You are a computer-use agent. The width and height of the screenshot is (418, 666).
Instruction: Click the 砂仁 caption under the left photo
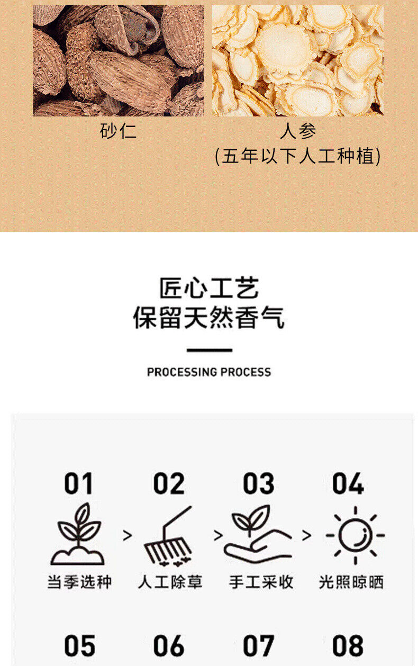118,131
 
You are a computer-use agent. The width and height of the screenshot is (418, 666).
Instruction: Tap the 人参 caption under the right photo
298,131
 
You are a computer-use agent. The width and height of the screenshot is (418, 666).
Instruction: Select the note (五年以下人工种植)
297,156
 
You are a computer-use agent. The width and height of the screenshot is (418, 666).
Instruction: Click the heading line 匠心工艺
209,288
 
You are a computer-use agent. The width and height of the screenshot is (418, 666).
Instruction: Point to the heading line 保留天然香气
209,318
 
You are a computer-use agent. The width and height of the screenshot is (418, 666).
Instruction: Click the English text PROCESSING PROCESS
209,372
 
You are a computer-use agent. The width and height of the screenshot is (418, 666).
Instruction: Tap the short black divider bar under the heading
210,350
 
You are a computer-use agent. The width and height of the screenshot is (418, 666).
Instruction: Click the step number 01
78,483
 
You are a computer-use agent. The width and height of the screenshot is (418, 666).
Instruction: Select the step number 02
169,483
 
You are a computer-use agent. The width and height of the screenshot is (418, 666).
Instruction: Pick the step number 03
258,483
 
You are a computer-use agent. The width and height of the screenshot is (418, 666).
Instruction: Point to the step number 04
348,483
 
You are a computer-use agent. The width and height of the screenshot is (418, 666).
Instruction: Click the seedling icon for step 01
78,534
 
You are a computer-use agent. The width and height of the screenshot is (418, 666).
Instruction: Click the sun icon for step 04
356,535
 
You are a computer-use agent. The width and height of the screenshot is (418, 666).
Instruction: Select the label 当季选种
79,582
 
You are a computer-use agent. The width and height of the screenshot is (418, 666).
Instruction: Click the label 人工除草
170,582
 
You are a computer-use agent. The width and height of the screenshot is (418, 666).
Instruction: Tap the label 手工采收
261,582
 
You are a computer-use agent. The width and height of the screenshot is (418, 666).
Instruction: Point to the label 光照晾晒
351,582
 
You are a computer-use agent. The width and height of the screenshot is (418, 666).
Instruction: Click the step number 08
348,646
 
